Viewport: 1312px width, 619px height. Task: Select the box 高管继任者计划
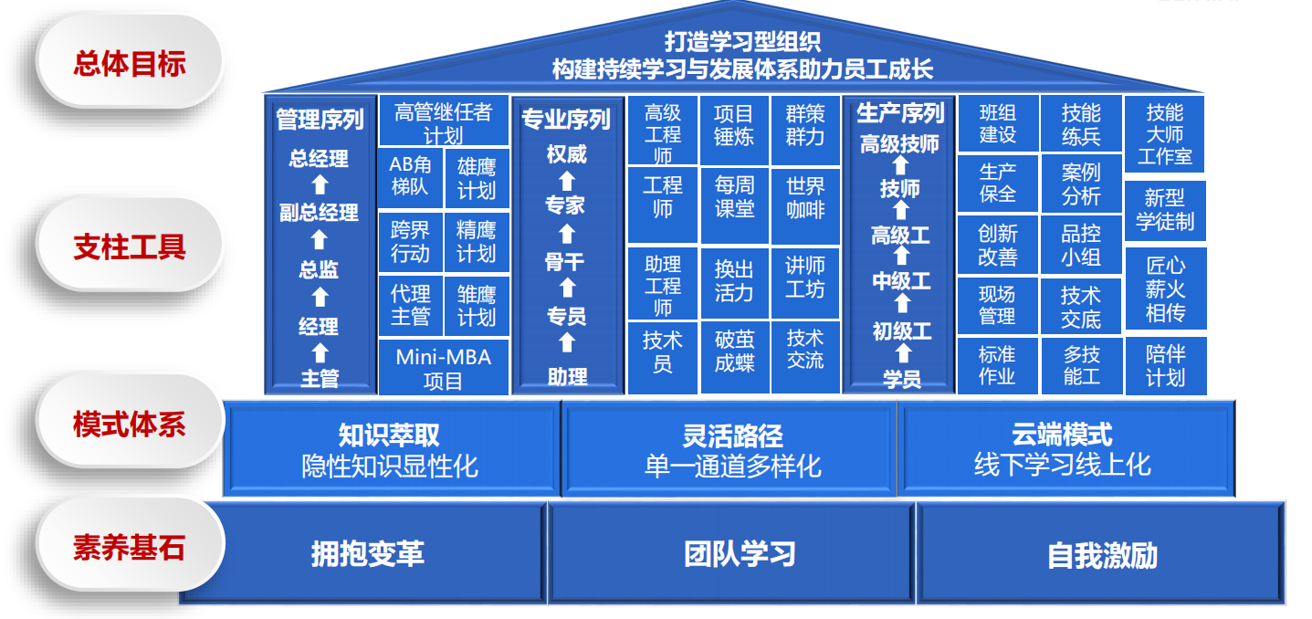(x=443, y=122)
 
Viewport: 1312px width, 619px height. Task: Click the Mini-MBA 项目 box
(x=443, y=369)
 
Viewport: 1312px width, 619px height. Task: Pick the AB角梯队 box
(x=410, y=176)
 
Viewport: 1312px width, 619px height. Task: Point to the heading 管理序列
(x=320, y=119)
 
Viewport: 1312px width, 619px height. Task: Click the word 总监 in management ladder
(x=319, y=269)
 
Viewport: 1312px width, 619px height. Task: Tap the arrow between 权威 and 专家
(x=566, y=180)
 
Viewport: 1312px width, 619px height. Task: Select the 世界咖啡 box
(x=804, y=196)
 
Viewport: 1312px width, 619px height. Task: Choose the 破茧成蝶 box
(x=734, y=351)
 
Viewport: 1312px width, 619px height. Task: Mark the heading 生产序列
(x=900, y=113)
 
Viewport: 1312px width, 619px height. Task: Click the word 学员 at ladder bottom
(x=901, y=377)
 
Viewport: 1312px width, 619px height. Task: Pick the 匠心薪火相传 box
(x=1165, y=289)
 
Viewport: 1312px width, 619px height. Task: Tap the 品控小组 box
(x=1081, y=245)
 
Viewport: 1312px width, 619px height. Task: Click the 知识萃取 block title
(x=389, y=435)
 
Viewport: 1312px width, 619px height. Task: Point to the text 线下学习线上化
(x=1062, y=465)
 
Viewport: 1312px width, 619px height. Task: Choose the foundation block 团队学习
(x=740, y=553)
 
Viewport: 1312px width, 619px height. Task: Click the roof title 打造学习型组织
(x=741, y=41)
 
